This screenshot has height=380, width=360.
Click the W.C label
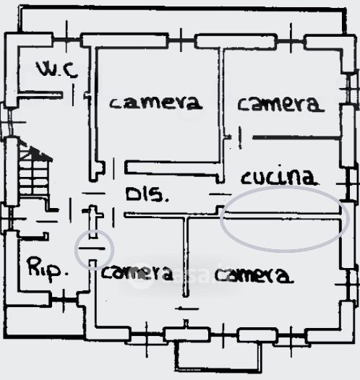[57, 69]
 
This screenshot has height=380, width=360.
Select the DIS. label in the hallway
[147, 194]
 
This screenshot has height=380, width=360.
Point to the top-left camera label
[155, 103]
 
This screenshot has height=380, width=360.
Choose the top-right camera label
[280, 104]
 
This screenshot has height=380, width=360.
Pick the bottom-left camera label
[137, 272]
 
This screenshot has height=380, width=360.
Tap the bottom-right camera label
[254, 275]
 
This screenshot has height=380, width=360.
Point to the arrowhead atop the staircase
[39, 153]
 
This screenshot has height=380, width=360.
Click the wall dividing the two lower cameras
[186, 256]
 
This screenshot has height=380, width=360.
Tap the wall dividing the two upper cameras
[221, 114]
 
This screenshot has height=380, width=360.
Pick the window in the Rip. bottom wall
[64, 300]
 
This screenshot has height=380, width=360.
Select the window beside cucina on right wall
[350, 185]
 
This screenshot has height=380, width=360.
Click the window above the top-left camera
[181, 40]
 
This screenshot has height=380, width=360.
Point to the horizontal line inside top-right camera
[296, 138]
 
